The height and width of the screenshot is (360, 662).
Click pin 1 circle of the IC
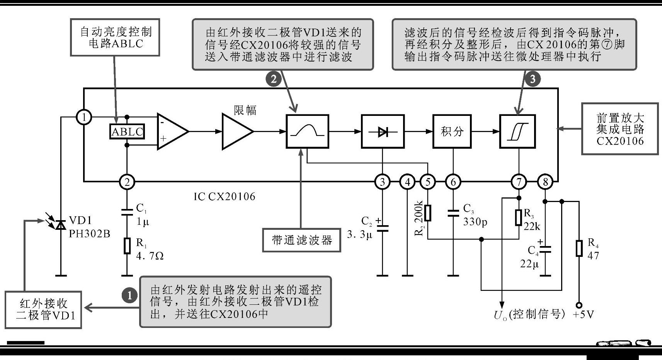coord(84,117)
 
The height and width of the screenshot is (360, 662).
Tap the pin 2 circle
coord(127,181)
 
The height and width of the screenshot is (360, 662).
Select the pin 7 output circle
coord(518,181)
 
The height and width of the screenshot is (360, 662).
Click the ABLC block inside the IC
coord(127,132)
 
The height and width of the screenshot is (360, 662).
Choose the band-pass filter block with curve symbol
coord(307,131)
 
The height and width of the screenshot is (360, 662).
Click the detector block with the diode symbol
coord(383,131)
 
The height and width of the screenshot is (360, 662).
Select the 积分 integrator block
coord(452,131)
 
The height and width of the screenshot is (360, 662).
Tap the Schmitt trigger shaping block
coord(517,131)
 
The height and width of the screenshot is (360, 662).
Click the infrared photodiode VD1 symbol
coord(60,224)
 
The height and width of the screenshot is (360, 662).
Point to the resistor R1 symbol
coord(127,246)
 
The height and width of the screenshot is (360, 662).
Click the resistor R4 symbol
coord(579,248)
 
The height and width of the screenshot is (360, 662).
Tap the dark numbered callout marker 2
coord(274,79)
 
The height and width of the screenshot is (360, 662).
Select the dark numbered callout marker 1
coord(129,295)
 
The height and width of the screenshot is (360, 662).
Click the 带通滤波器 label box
coord(301,240)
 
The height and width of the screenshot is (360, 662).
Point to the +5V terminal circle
coord(579,305)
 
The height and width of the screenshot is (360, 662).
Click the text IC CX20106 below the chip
coord(224,197)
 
